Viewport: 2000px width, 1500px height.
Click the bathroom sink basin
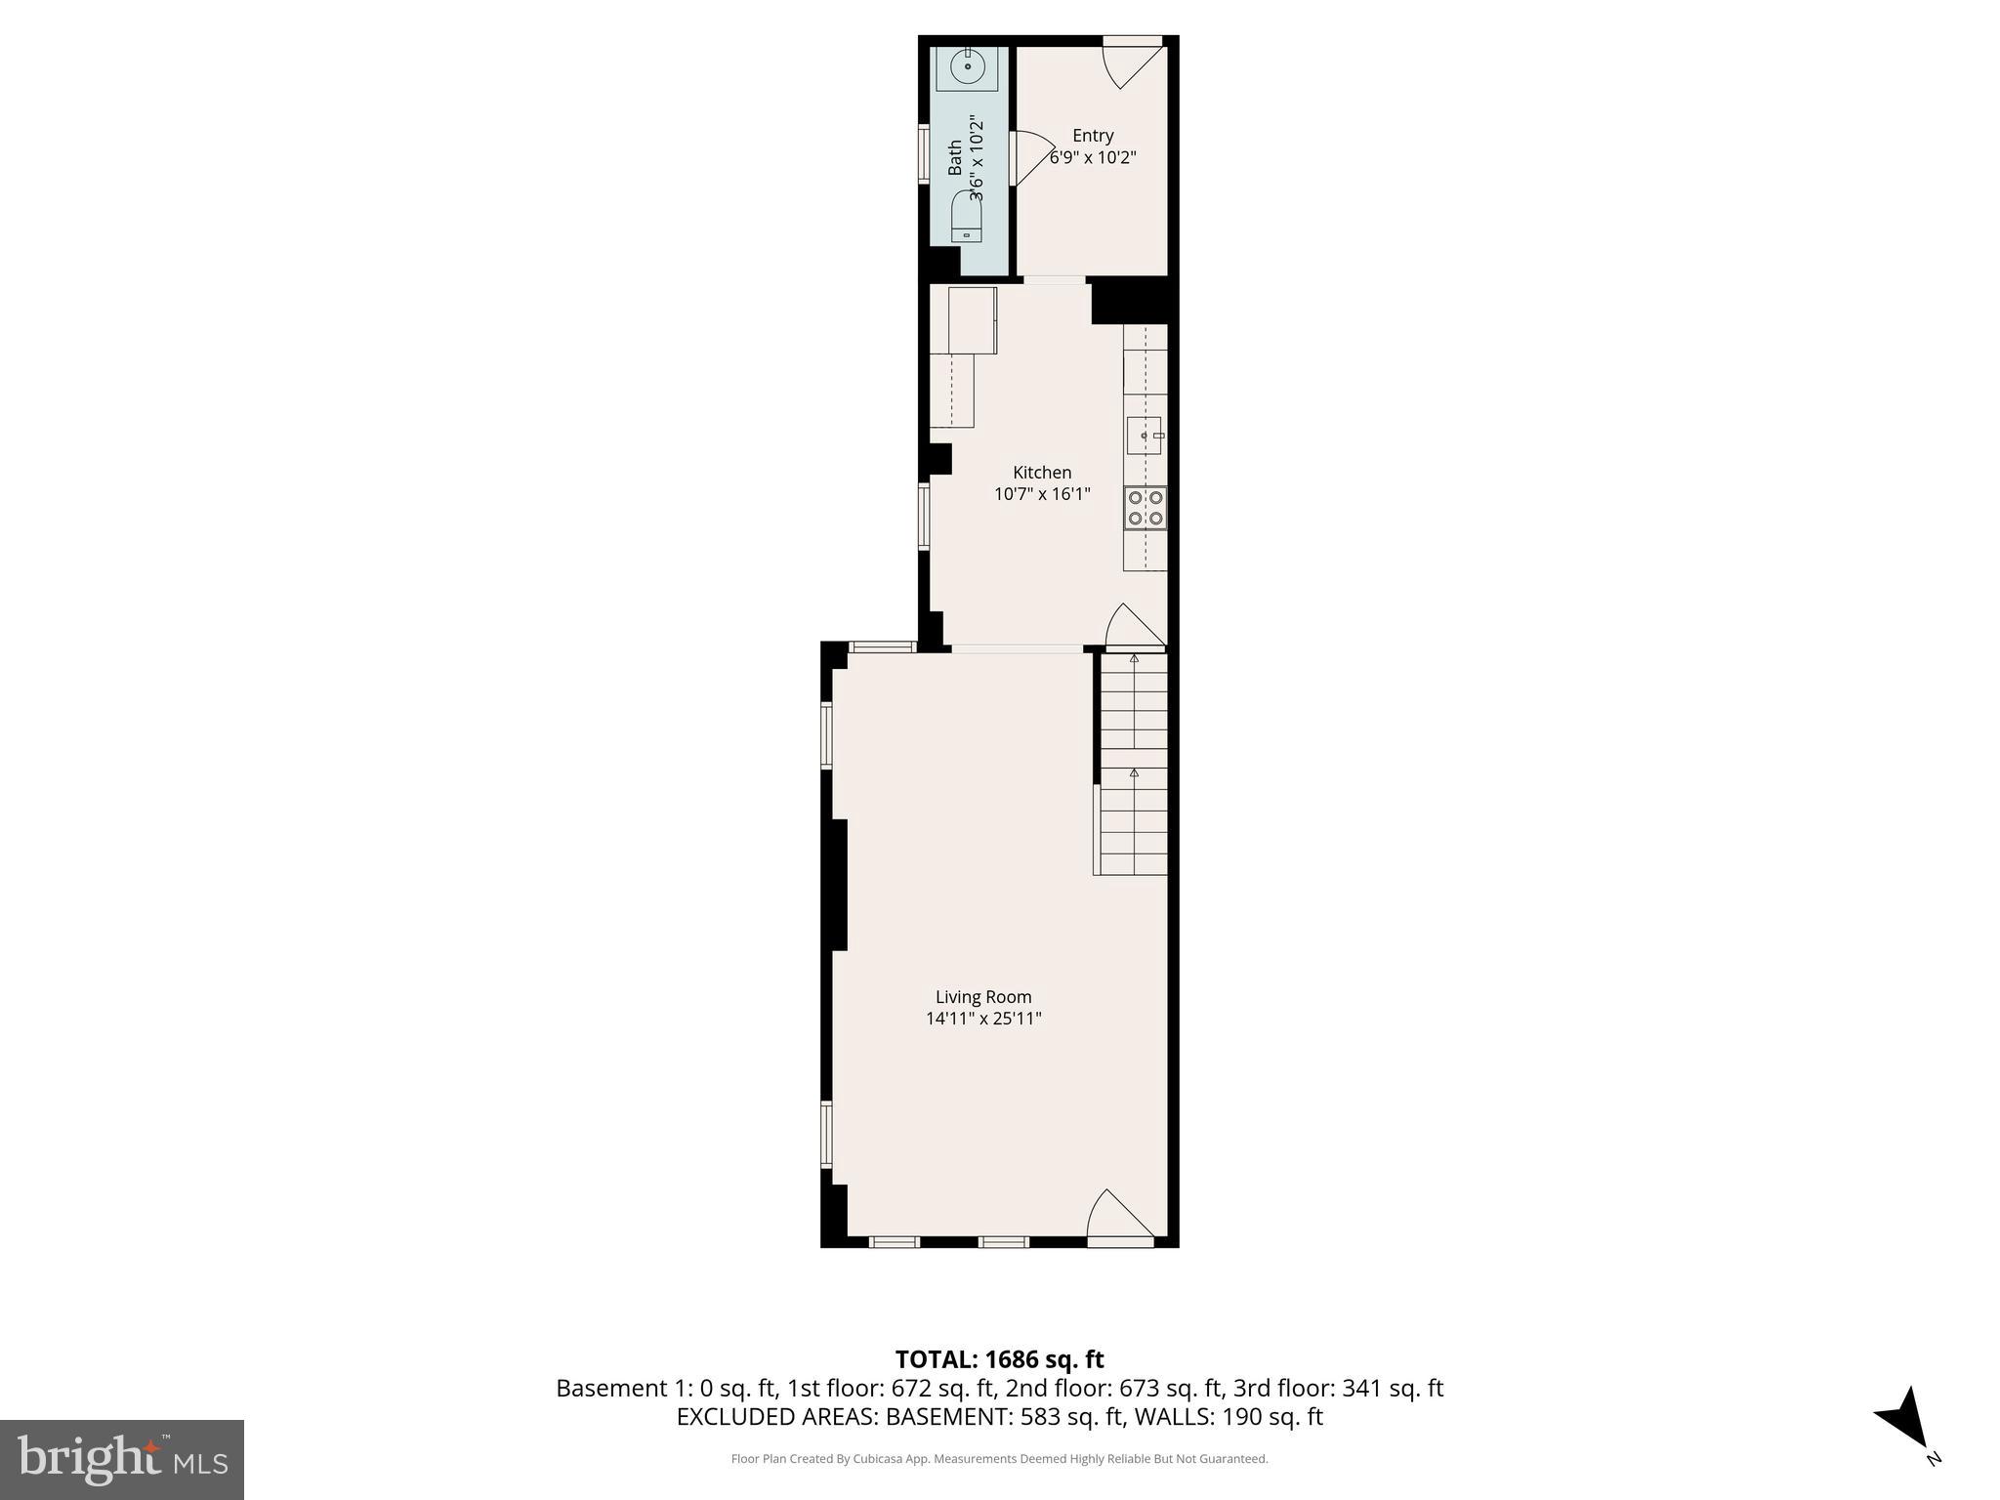click(x=967, y=67)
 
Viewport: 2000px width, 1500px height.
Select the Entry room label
click(x=1093, y=136)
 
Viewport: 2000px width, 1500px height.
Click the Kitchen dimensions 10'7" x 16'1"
click(x=1042, y=494)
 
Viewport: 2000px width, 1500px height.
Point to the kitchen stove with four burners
click(x=1146, y=508)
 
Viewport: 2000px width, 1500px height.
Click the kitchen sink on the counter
click(x=1144, y=435)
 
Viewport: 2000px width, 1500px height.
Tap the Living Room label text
click(x=983, y=997)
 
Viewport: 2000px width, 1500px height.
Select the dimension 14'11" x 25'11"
click(x=983, y=1019)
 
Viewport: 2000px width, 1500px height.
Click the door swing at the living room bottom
click(x=1120, y=1217)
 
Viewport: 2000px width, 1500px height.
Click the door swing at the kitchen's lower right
click(x=1134, y=628)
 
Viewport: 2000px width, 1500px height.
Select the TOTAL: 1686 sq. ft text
click(x=999, y=1359)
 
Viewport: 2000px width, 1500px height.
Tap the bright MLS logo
click(x=122, y=1460)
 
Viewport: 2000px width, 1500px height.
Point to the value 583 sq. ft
click(x=1071, y=1417)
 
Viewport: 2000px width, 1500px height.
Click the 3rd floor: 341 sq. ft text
click(x=1337, y=1388)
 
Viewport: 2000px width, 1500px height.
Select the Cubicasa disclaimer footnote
click(x=999, y=1459)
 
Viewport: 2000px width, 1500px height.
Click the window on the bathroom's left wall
click(x=923, y=154)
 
